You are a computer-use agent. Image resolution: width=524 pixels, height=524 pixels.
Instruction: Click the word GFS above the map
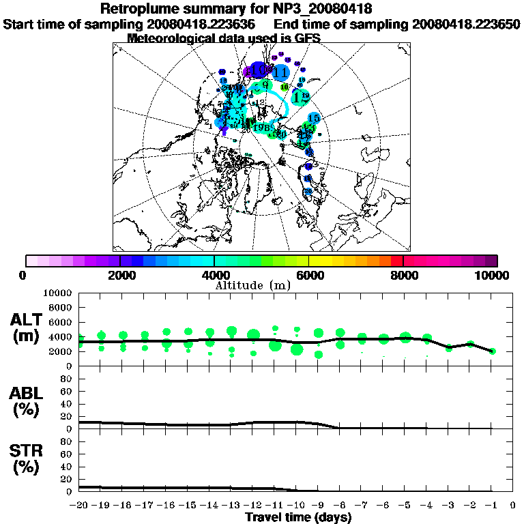306,38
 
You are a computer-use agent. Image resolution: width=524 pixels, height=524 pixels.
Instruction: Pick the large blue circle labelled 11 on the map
280,72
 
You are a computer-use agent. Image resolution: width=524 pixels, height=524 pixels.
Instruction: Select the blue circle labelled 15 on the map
314,119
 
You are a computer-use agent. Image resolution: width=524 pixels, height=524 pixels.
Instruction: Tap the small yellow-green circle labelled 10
285,87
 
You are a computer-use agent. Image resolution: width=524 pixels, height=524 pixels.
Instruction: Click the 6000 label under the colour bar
308,276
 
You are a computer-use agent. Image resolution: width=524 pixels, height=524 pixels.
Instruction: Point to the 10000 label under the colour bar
492,276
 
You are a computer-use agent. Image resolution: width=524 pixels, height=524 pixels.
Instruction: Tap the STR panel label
27,458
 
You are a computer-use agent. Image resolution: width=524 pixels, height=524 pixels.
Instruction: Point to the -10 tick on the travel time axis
296,505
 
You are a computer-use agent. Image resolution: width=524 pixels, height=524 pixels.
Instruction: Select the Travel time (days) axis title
298,518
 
